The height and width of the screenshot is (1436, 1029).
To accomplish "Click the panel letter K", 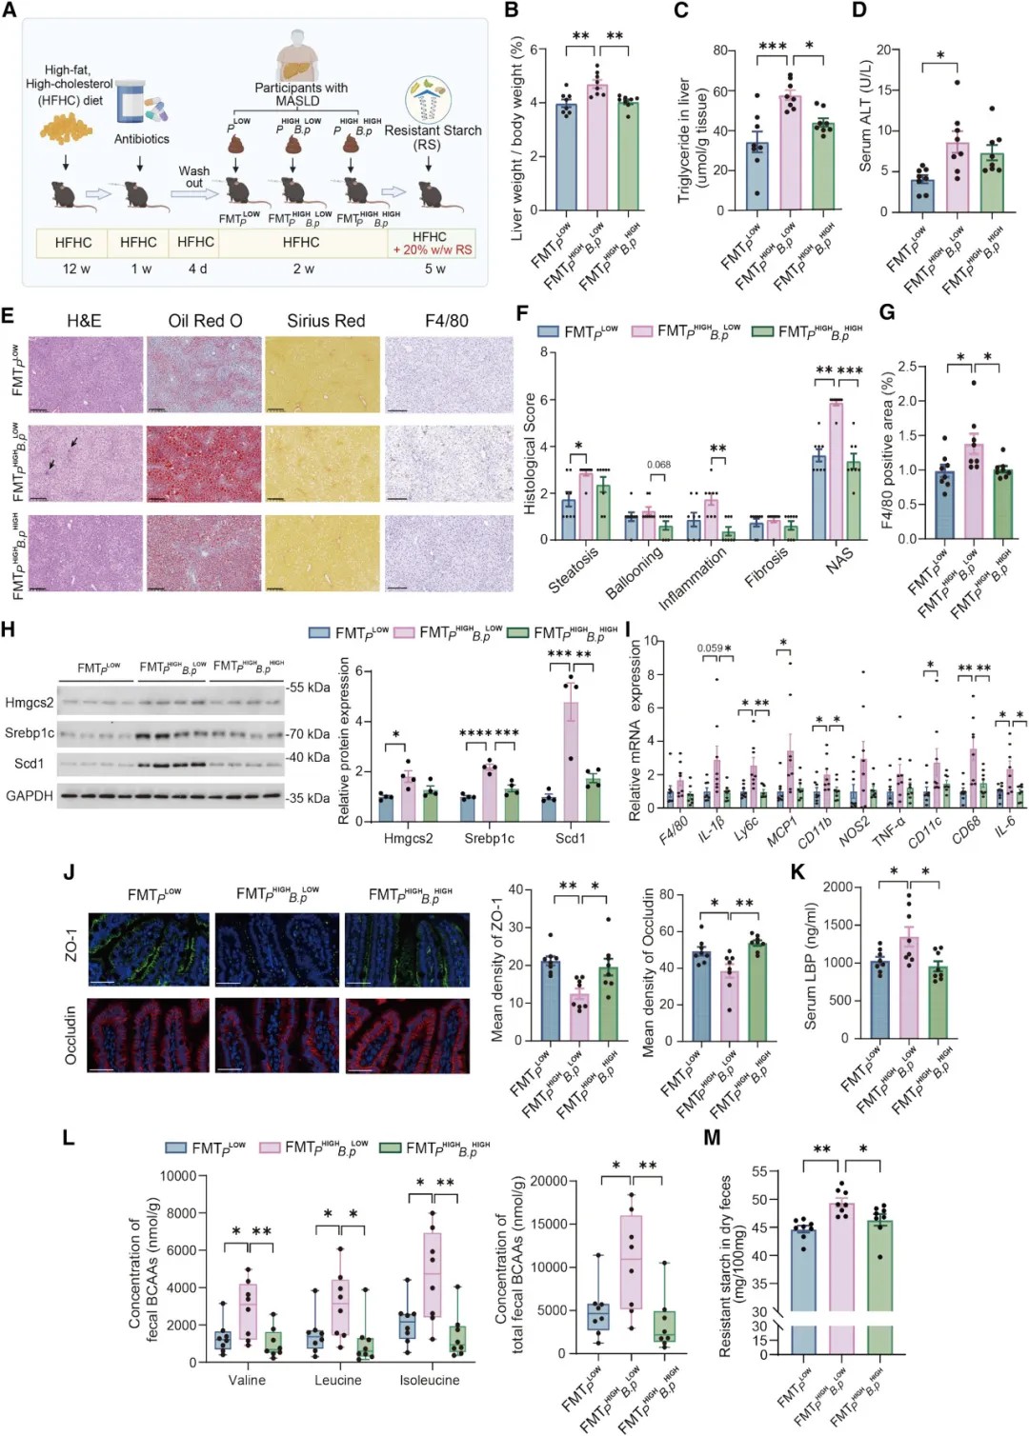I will [798, 872].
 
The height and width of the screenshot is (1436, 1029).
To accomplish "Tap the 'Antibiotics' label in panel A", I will [141, 139].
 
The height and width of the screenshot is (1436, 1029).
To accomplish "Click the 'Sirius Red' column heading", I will [326, 321].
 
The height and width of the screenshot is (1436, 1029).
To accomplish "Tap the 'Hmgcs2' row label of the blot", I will [30, 703].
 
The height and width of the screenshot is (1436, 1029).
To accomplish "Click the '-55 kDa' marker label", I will [309, 687].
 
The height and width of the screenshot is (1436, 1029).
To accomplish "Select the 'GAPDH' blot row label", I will [30, 795].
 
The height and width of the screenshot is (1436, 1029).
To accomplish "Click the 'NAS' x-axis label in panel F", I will [838, 560].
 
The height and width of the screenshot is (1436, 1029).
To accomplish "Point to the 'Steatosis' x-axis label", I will [573, 569].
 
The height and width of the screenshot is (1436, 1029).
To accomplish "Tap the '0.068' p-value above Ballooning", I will [658, 465].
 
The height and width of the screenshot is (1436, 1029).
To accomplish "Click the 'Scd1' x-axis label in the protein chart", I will [571, 838].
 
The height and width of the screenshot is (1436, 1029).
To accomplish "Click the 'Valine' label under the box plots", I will [247, 1380].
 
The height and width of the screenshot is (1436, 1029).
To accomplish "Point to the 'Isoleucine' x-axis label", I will [429, 1380].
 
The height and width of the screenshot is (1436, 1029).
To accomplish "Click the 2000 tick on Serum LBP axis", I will [837, 888].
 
